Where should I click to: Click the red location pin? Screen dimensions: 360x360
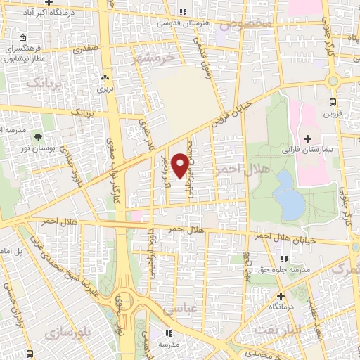pos(181,164)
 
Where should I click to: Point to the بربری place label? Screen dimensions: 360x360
pos(105,89)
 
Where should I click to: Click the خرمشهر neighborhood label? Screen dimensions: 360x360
pos(150,60)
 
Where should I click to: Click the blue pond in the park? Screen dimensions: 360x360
pos(288,195)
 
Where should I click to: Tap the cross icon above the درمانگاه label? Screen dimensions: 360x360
pos(281,296)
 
